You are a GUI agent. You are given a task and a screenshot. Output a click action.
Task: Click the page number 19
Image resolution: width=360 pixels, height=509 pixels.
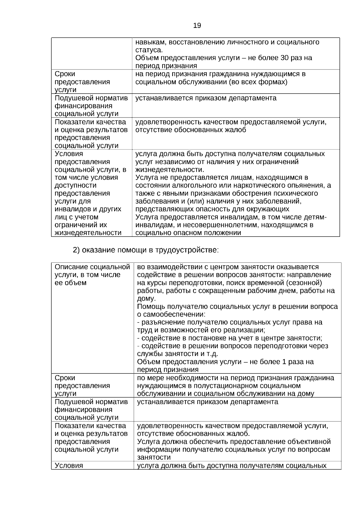pyautogui.click(x=197, y=25)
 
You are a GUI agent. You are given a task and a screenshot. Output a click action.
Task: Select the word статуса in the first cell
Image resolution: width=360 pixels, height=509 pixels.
pyautogui.click(x=149, y=50)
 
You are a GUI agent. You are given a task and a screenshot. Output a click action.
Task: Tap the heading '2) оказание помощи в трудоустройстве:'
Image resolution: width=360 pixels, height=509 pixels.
pyautogui.click(x=146, y=250)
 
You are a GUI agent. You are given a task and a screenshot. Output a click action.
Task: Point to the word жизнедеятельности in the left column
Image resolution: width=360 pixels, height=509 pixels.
pyautogui.click(x=88, y=233)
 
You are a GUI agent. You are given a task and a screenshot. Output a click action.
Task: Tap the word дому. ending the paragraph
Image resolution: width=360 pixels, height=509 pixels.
pyautogui.click(x=146, y=299)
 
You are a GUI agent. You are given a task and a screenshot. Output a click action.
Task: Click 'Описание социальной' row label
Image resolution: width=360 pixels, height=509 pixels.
pyautogui.click(x=92, y=267)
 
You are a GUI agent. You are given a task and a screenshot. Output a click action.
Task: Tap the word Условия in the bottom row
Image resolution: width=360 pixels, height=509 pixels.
pyautogui.click(x=69, y=466)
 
